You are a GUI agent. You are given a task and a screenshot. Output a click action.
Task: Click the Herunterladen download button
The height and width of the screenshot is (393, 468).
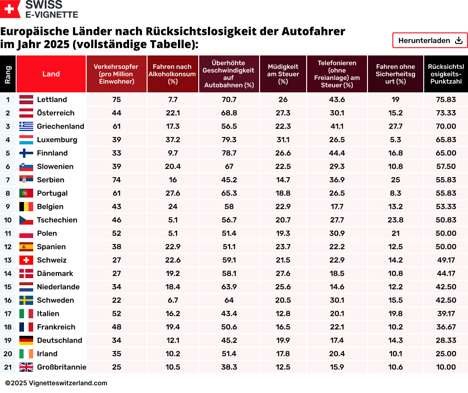click(x=430, y=41)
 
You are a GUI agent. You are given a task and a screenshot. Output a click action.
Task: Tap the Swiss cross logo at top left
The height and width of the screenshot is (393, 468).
click(x=9, y=9)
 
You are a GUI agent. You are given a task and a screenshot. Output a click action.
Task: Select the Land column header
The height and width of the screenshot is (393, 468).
click(x=51, y=74)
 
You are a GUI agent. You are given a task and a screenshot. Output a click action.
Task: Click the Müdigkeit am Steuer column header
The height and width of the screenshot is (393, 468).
click(x=283, y=74)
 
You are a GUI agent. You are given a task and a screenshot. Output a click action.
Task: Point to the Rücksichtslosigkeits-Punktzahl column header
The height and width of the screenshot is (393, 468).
click(x=446, y=74)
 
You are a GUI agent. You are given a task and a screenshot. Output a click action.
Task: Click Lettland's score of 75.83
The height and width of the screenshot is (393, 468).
click(x=446, y=100)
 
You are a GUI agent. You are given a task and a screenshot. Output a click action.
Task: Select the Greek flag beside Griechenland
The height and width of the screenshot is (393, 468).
click(x=26, y=126)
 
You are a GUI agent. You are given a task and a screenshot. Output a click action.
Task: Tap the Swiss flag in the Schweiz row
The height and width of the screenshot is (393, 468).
click(x=26, y=260)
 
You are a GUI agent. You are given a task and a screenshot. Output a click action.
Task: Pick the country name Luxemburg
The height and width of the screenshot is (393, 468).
click(x=57, y=140)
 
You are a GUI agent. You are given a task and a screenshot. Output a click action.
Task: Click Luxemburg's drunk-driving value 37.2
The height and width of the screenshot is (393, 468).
click(x=173, y=140)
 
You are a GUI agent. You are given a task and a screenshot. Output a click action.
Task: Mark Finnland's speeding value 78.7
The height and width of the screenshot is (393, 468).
click(x=229, y=153)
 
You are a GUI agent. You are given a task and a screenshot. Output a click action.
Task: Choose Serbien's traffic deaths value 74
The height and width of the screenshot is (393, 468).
click(x=117, y=180)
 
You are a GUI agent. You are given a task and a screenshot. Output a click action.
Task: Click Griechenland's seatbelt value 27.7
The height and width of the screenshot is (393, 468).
click(x=396, y=126)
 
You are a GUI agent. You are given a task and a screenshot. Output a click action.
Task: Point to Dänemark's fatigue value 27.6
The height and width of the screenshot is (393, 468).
click(x=283, y=274)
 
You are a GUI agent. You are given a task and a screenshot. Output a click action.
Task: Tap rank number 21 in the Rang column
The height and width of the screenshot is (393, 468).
click(x=8, y=367)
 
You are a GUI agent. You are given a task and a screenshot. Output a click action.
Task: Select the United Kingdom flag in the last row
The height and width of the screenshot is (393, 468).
click(x=26, y=367)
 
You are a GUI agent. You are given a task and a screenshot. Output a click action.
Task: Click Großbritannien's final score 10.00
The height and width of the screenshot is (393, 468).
click(x=446, y=367)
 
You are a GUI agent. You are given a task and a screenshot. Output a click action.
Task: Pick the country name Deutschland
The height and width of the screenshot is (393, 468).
click(x=59, y=340)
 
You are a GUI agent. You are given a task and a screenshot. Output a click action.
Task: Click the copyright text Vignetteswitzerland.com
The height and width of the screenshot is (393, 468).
click(x=56, y=383)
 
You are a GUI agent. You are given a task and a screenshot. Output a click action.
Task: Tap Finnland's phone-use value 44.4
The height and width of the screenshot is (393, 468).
click(x=337, y=153)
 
